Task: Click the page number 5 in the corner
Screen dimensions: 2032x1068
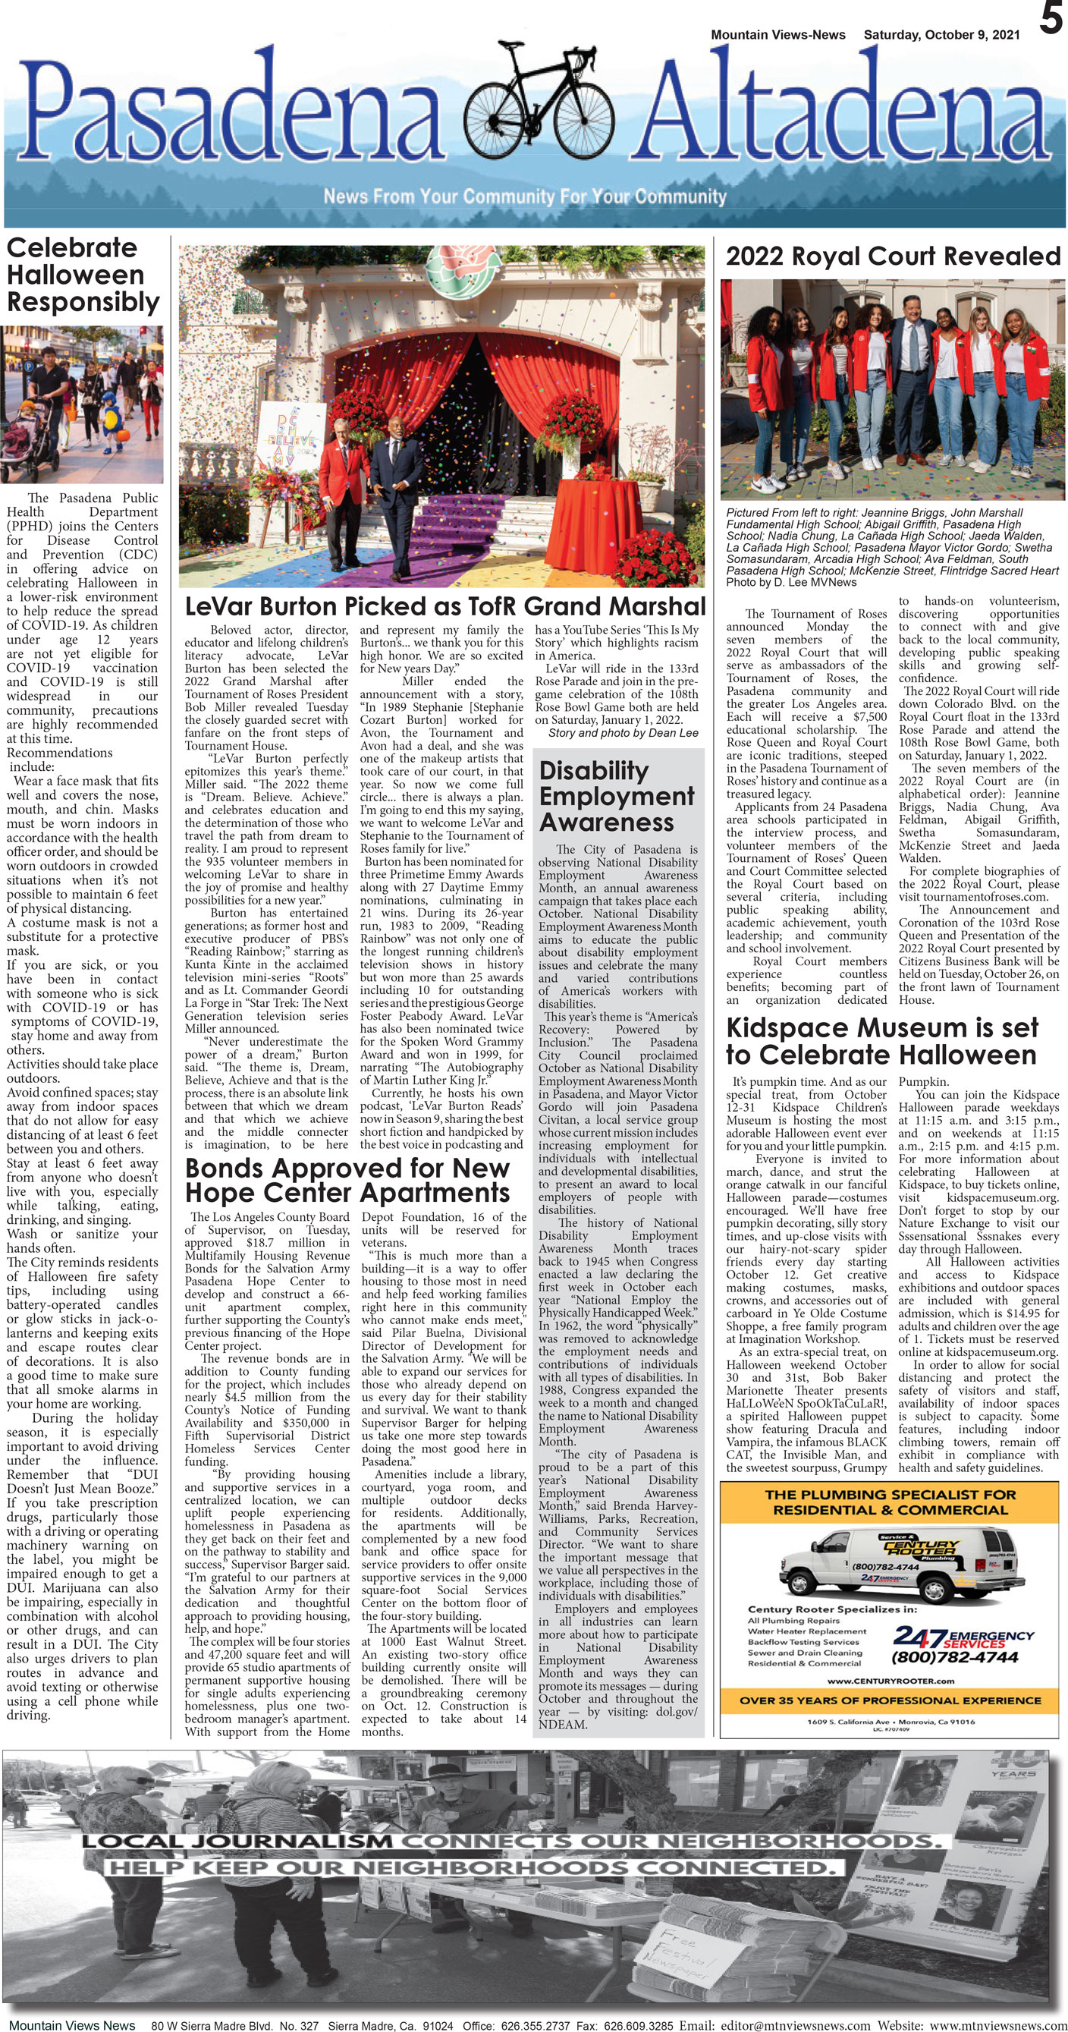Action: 1050,19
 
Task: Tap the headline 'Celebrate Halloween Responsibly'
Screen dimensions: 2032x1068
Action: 82,275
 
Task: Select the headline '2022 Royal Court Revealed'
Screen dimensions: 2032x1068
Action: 892,256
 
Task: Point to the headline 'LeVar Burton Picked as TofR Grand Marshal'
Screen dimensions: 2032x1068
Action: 444,606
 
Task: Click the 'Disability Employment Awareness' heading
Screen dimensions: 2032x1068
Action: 616,796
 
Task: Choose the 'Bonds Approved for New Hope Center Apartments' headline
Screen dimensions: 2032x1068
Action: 347,1180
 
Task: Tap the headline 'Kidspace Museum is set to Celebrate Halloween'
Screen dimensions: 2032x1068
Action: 881,1041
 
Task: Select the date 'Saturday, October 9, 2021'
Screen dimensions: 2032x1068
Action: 941,35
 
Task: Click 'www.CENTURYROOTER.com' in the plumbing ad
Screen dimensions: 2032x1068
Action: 891,1681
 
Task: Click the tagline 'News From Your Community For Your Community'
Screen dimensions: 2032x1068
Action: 525,197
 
